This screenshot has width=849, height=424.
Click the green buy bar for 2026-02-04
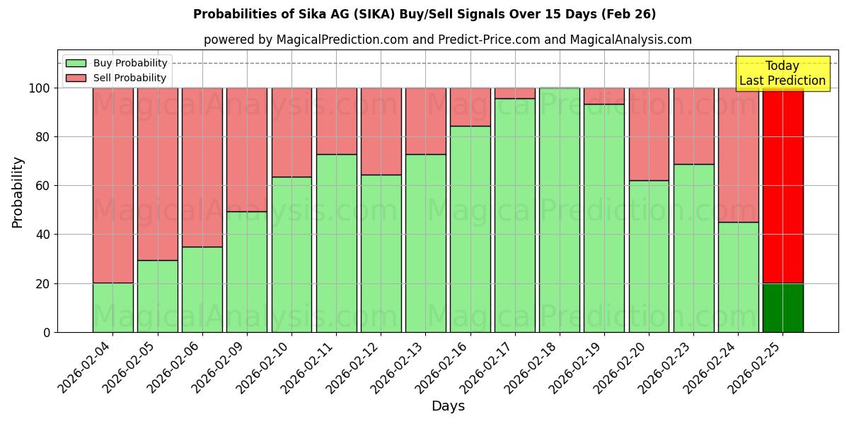[x=112, y=307]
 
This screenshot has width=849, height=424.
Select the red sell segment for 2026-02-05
[x=158, y=174]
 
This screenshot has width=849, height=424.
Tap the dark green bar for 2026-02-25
[x=782, y=307]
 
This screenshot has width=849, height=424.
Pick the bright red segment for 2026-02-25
[x=782, y=185]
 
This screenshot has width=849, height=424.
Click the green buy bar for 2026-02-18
[x=560, y=210]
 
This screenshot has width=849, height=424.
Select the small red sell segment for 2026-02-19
[x=604, y=96]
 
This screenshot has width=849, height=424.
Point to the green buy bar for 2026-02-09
[x=247, y=271]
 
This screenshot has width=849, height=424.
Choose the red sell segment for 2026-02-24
[x=738, y=155]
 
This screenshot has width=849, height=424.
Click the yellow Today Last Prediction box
[x=782, y=73]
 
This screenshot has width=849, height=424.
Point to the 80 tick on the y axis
[x=43, y=137]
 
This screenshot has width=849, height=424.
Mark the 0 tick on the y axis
[x=47, y=332]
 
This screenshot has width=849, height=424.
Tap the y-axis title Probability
[x=18, y=192]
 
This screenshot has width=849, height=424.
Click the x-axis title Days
[x=448, y=406]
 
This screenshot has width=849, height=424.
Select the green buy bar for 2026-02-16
[x=470, y=229]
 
